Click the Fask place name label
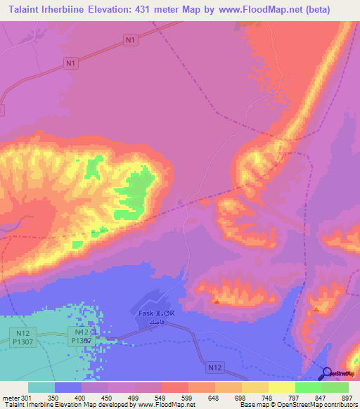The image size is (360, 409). tap(146, 313)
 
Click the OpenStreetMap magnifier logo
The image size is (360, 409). tap(327, 373)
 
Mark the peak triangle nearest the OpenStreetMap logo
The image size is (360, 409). tap(317, 309)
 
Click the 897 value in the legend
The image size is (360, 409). tap(347, 398)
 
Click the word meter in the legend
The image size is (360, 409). tap(10, 398)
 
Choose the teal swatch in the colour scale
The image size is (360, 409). tap(41, 387)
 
